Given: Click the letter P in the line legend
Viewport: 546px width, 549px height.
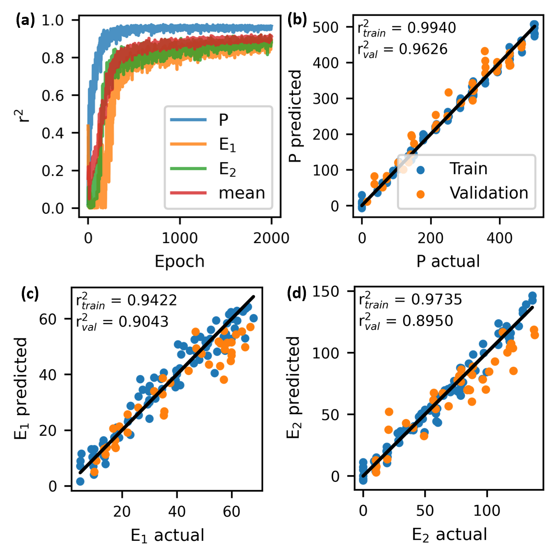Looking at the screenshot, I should click(x=223, y=120).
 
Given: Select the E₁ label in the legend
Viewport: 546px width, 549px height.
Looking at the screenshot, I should click(x=227, y=145).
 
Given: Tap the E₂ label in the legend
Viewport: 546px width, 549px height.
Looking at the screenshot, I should click(x=227, y=169).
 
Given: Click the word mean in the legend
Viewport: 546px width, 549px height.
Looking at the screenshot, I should click(x=242, y=193).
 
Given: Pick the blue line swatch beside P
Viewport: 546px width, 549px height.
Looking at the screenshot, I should click(x=188, y=120).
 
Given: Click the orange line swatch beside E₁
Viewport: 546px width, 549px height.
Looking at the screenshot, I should click(x=188, y=144).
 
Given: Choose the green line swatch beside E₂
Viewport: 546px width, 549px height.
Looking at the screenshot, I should click(x=188, y=169).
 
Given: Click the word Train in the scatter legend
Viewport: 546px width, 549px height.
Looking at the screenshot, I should click(x=468, y=169).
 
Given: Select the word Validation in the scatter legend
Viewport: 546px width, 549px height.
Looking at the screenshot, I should click(x=488, y=193).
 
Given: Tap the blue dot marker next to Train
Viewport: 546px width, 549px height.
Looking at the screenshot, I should click(x=420, y=169).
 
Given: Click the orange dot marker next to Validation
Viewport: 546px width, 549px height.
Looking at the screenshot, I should click(x=420, y=194).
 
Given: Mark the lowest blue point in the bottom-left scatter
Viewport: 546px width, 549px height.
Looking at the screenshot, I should click(x=80, y=481).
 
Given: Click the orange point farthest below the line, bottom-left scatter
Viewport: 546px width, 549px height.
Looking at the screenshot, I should click(x=223, y=379).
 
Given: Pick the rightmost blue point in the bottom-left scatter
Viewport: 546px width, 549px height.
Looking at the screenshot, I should click(x=253, y=318).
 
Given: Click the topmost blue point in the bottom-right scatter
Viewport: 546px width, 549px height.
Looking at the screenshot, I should click(x=532, y=295).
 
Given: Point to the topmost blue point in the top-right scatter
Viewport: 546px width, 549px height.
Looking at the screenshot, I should click(x=534, y=24).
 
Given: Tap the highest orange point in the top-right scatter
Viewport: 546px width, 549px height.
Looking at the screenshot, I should click(x=484, y=51).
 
